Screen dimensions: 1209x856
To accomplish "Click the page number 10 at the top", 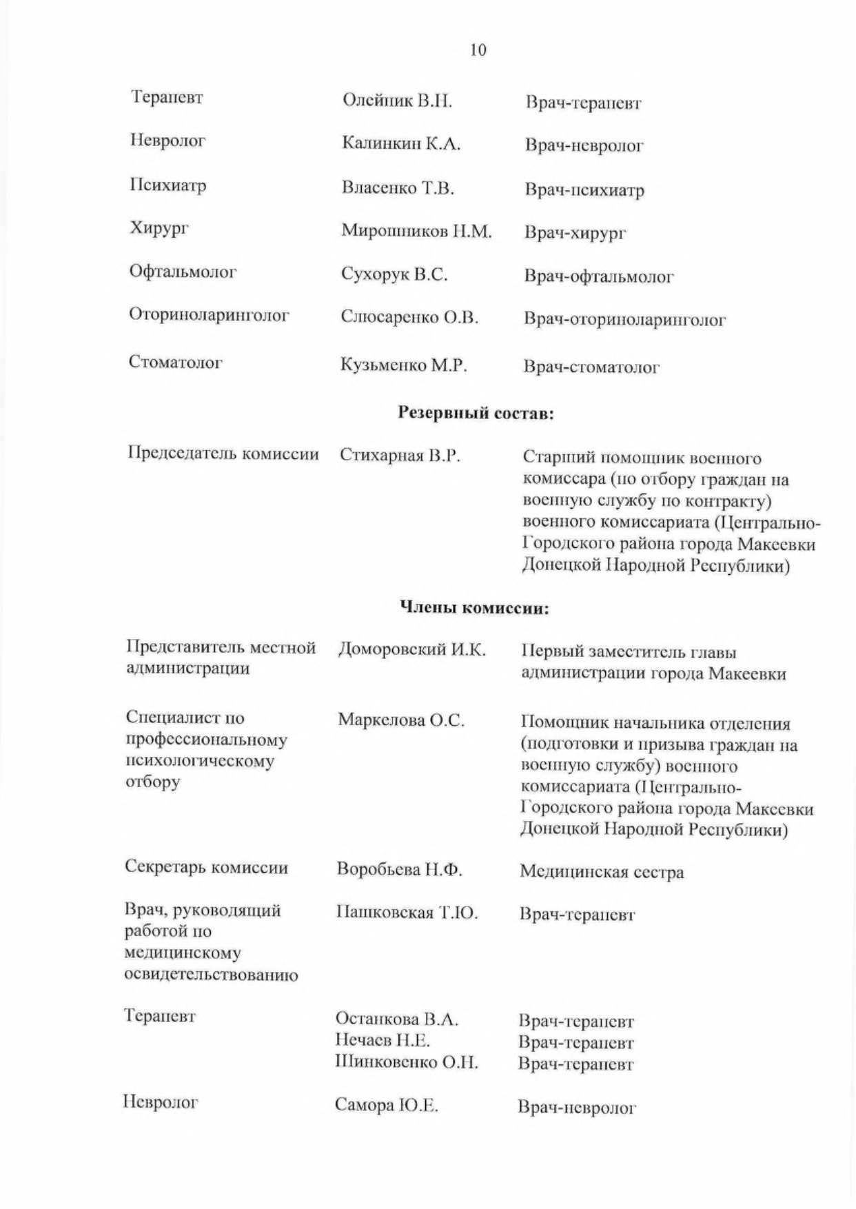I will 478,50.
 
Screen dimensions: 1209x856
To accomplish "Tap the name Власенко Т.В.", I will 398,187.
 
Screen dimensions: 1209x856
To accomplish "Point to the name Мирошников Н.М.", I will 416,231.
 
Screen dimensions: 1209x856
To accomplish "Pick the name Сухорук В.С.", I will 394,274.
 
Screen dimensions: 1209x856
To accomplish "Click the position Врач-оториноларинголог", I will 624,320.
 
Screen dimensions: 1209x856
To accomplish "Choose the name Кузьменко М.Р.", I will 404,365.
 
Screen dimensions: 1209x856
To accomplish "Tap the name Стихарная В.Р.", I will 400,456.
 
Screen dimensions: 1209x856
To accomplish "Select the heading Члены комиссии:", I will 475,608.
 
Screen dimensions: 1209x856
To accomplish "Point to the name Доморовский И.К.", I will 412,649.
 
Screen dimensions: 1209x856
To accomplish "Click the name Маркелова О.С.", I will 401,720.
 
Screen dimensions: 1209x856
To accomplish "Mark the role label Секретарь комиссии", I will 206,867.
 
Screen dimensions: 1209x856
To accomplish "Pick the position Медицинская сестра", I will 602,872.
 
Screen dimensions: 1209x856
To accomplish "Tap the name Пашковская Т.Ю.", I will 407,913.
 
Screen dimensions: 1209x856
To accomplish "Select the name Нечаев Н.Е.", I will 383,1039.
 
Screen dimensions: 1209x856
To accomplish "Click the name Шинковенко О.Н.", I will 406,1061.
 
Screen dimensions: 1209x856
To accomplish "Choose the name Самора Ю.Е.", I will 387,1106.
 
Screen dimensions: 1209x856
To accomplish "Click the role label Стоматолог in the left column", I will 175,362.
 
